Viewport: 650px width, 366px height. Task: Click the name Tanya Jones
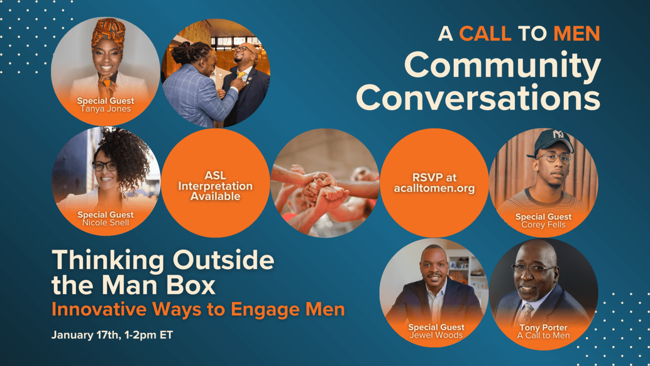pos(106,109)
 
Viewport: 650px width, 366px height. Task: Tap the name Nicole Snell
pos(106,223)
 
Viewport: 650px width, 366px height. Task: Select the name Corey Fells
pos(543,225)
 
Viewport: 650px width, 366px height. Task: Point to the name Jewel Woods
pos(436,335)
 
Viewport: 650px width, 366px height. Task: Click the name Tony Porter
pos(543,327)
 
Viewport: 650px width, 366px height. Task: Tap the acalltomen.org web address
pos(434,189)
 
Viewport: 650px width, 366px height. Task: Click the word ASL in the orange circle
pos(215,175)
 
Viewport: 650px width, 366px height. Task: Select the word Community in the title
pos(502,66)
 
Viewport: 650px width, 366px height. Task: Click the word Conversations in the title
pos(478,98)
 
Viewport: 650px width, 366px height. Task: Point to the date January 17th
pos(85,335)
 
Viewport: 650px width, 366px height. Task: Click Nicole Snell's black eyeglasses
pos(104,166)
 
